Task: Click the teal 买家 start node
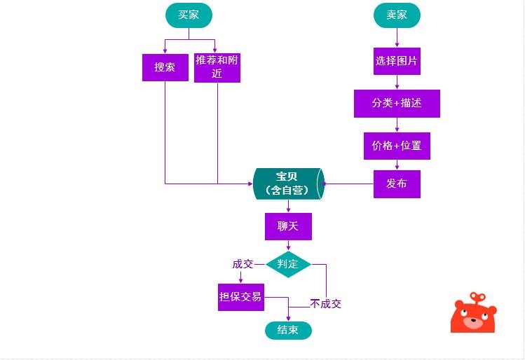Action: (189, 15)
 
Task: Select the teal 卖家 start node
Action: (397, 15)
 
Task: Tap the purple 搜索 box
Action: (165, 67)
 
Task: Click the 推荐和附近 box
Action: (217, 67)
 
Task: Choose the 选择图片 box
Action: (397, 61)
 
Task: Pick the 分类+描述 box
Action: (397, 103)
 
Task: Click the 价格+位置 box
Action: (397, 146)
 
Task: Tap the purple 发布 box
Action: (397, 184)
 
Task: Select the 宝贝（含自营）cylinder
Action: (287, 184)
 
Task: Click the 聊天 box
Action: (288, 227)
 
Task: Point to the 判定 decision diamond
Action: (288, 264)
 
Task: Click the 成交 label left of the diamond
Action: (243, 264)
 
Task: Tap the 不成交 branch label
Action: (326, 304)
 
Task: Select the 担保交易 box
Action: (240, 297)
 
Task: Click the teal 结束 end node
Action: (288, 330)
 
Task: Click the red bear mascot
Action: (473, 314)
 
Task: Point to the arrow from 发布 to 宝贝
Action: (348, 184)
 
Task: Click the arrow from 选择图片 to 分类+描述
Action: (397, 82)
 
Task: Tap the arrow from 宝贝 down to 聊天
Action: (288, 206)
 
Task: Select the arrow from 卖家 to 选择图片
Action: (397, 38)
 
